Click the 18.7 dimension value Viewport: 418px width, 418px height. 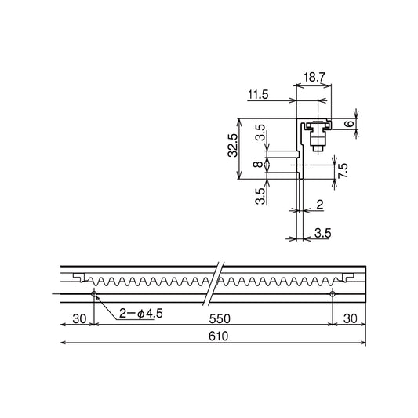click(x=314, y=78)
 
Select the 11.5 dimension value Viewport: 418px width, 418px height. click(x=258, y=95)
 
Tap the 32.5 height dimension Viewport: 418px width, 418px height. click(x=232, y=145)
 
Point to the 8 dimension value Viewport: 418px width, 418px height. click(x=258, y=164)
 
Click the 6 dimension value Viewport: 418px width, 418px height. click(x=349, y=124)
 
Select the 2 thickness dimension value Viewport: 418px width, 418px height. click(x=320, y=205)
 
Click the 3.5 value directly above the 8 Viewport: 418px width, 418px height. click(x=260, y=133)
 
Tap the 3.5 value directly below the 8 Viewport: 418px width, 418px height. click(x=260, y=196)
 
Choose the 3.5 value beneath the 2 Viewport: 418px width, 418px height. click(x=323, y=233)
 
